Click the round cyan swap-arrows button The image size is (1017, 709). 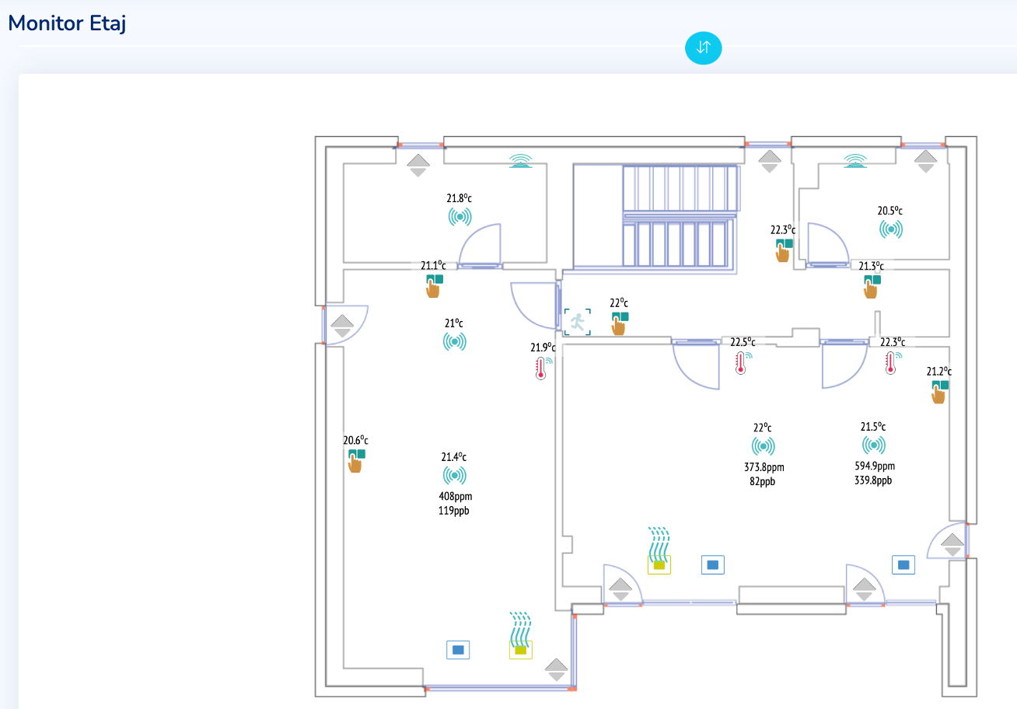coord(704,47)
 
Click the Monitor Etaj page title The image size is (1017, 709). coord(67,23)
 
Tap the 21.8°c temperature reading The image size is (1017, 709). coord(459,198)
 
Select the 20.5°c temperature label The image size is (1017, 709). coord(889,211)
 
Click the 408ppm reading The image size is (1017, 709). coord(456,496)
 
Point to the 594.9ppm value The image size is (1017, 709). coord(875,466)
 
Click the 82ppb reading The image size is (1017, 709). coord(762,481)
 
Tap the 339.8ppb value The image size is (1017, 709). coord(873,480)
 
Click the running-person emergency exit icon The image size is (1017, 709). coord(578,322)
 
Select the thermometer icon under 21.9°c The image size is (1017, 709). coord(542,368)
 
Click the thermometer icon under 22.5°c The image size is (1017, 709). coord(742,363)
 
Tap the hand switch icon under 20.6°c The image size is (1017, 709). coord(356,461)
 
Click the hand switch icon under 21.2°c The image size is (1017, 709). coord(939,392)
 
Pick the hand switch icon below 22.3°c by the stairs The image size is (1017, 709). coord(784,250)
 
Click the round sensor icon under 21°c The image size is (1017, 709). coord(455,342)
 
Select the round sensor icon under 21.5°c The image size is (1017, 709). coord(873,445)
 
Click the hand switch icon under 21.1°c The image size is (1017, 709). coord(434,286)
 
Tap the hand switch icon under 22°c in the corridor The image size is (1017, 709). coord(620,323)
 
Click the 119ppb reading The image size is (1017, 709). coord(453,511)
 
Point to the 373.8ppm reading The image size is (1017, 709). coord(764,466)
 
